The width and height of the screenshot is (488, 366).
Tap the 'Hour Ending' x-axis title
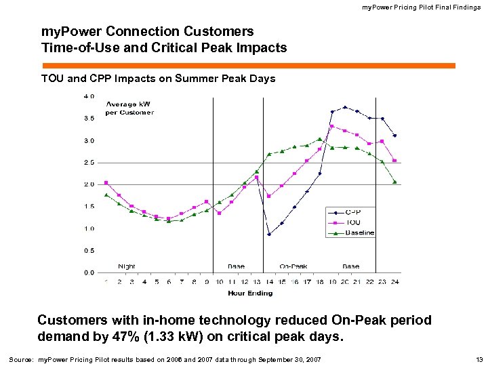click(250, 293)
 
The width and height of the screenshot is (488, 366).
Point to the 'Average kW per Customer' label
click(129, 108)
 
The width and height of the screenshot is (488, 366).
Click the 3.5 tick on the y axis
click(89, 118)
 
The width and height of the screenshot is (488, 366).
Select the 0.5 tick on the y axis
click(89, 250)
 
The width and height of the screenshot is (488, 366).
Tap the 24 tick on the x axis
click(394, 281)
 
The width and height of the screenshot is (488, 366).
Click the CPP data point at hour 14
click(269, 235)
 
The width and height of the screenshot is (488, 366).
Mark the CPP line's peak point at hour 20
click(345, 107)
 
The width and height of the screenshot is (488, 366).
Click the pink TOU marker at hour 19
click(332, 126)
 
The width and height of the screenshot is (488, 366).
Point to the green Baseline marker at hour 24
click(394, 182)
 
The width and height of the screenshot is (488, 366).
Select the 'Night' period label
click(127, 266)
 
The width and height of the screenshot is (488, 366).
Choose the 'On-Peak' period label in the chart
click(293, 266)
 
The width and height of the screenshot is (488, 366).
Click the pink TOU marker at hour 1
click(106, 182)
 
